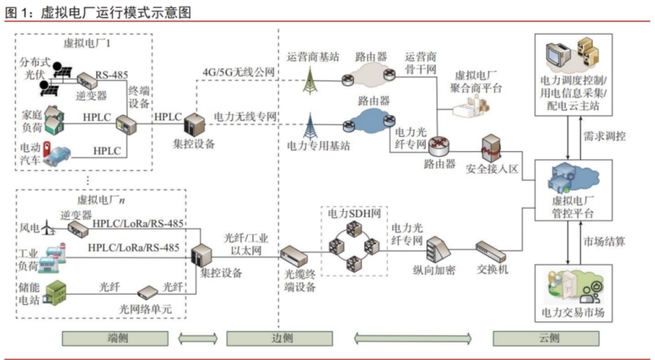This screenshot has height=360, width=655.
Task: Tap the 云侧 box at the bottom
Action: pyautogui.click(x=549, y=338)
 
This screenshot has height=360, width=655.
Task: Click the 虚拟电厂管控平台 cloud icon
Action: pyautogui.click(x=565, y=178)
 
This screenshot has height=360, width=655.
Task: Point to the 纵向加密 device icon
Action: pyautogui.click(x=436, y=251)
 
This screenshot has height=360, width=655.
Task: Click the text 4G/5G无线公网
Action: pyautogui.click(x=239, y=72)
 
